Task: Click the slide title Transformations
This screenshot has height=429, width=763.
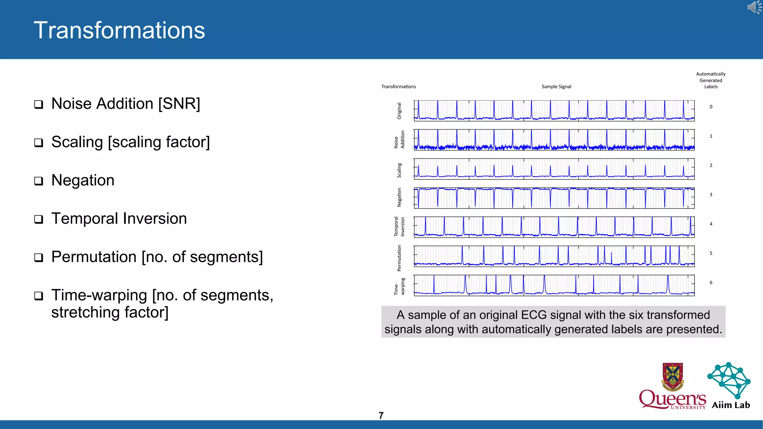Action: click(x=119, y=30)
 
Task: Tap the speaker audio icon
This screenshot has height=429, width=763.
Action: click(x=754, y=7)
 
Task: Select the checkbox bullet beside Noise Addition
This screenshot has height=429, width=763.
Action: click(x=39, y=104)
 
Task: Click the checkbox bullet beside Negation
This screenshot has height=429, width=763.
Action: click(x=39, y=181)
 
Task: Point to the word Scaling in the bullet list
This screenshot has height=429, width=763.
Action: click(x=77, y=142)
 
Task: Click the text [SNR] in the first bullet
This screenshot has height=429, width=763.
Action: click(x=179, y=104)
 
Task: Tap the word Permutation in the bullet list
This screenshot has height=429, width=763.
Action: click(x=94, y=257)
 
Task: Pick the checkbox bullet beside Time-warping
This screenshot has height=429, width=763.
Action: click(x=39, y=296)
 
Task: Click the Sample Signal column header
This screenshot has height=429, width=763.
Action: click(x=556, y=87)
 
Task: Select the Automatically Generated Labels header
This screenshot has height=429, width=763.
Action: click(x=710, y=80)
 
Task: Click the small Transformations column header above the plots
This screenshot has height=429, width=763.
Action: click(x=398, y=87)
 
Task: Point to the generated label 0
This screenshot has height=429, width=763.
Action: click(x=711, y=107)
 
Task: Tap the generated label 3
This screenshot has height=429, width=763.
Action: click(x=711, y=195)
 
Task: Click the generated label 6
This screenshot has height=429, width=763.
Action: click(x=711, y=283)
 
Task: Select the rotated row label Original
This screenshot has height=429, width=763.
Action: click(x=399, y=111)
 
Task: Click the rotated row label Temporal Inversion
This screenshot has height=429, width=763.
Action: click(x=399, y=226)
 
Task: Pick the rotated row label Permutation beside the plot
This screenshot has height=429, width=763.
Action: click(x=399, y=258)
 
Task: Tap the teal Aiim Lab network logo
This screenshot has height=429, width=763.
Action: click(x=729, y=380)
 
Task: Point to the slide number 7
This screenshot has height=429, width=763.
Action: click(x=381, y=416)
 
